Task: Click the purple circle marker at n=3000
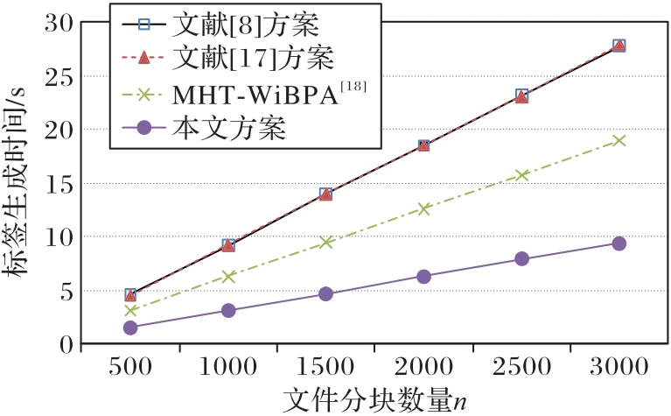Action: click(619, 243)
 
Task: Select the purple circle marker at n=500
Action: click(130, 328)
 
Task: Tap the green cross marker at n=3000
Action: click(619, 140)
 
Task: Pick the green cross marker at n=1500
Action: click(325, 242)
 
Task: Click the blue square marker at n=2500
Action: click(521, 95)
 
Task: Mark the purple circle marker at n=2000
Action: click(423, 276)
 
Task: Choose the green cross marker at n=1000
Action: click(228, 276)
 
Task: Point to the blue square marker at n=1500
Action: click(325, 194)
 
